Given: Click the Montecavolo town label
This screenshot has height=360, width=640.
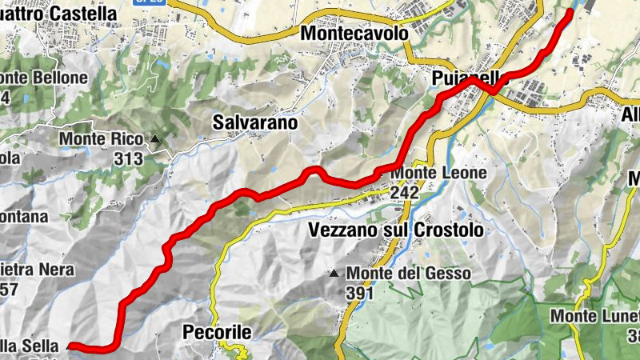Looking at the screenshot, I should (x=354, y=34).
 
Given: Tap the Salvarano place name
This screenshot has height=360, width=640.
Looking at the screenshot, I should (x=255, y=122).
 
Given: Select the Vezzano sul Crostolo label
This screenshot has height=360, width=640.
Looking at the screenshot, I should (x=396, y=230).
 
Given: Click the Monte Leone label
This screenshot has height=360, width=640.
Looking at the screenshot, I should (x=438, y=173).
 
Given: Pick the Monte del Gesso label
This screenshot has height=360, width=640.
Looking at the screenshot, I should (x=409, y=274).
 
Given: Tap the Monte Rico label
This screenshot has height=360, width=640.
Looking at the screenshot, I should (x=101, y=140).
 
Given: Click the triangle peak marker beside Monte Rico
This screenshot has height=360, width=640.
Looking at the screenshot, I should (x=155, y=140).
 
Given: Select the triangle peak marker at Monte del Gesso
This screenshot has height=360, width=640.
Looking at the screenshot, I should (x=334, y=274).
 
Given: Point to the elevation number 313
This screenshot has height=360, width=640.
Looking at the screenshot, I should (x=128, y=158).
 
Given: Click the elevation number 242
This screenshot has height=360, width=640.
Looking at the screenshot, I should (x=405, y=192).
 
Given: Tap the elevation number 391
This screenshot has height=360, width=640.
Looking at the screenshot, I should (x=362, y=293).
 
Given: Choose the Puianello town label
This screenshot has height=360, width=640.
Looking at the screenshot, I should (x=464, y=78).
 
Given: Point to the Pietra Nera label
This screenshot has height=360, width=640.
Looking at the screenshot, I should (x=37, y=270).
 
